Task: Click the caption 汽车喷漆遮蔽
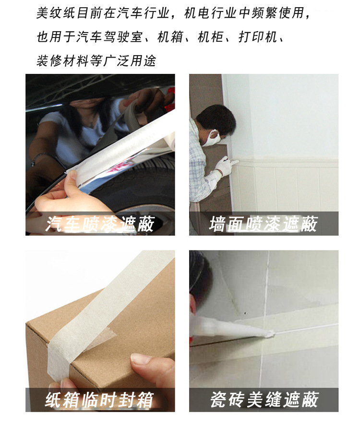100,224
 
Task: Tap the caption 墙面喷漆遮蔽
264,224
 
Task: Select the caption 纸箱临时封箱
100,400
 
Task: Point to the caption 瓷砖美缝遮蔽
264,400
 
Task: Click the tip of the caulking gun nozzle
271,334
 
